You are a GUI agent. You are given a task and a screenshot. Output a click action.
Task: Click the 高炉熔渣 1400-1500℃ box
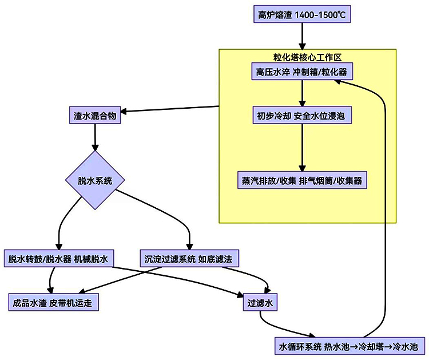click(301, 15)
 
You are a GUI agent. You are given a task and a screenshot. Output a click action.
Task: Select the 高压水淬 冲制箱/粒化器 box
click(301, 72)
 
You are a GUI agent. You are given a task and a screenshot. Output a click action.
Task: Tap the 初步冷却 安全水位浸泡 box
click(301, 116)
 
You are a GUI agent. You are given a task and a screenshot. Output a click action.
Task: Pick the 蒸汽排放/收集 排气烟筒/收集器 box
click(301, 181)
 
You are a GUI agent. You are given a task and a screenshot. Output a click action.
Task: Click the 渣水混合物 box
click(95, 116)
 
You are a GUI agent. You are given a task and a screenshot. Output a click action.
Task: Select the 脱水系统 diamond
click(95, 181)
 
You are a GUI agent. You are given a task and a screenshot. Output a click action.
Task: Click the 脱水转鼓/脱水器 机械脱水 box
click(58, 259)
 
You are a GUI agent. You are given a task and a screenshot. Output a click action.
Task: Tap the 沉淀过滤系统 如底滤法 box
click(189, 259)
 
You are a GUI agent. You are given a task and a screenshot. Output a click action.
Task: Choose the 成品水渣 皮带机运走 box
click(55, 302)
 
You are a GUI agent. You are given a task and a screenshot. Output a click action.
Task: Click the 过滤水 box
click(260, 302)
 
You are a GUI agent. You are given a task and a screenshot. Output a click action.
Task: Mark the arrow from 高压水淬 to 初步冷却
click(301, 93)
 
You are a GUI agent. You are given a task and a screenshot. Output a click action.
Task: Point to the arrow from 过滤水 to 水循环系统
click(280, 330)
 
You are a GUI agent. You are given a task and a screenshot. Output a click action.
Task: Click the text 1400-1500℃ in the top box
click(323, 15)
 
